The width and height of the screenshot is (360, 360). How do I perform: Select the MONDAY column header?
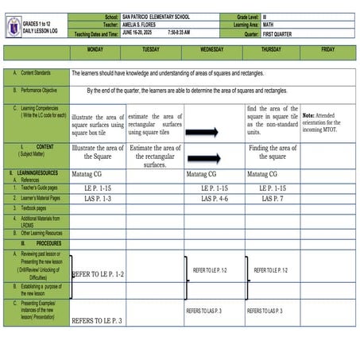point(97,49)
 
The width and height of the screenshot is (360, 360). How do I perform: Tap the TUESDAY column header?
point(151,49)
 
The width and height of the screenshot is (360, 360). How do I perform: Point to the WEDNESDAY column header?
point(211,49)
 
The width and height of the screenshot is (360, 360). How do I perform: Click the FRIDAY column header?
point(327,49)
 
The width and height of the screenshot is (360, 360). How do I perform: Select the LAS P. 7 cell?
point(273,199)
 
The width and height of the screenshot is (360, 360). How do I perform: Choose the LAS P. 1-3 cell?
point(98,199)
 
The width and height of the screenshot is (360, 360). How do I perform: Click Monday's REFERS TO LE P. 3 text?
point(97,321)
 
